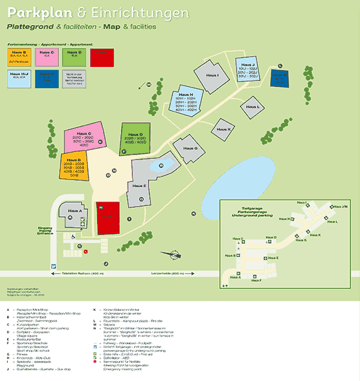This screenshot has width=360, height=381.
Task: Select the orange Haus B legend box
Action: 19,57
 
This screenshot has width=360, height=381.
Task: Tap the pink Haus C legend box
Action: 46,57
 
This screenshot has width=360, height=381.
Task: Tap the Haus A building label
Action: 73,211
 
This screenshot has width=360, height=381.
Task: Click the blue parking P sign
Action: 55,265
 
